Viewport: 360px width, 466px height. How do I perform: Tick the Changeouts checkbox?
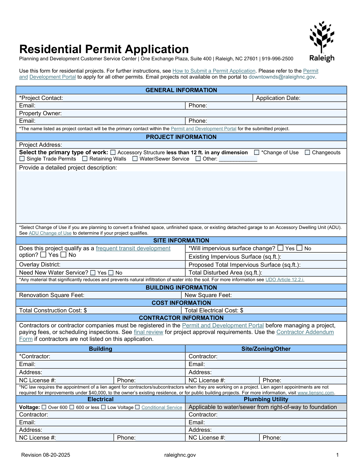click(x=307, y=152)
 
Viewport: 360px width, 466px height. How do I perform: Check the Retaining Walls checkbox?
click(x=85, y=158)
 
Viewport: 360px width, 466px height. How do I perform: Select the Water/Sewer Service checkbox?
click(x=135, y=158)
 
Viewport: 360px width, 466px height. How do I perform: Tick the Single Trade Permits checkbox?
click(x=22, y=158)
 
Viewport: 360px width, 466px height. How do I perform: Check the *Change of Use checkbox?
click(x=256, y=152)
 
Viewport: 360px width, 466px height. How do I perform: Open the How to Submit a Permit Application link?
click(x=214, y=71)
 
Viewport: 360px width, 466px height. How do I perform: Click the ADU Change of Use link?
click(x=50, y=233)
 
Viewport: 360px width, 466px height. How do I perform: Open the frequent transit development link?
click(x=133, y=248)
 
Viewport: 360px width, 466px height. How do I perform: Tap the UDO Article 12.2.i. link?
click(x=285, y=280)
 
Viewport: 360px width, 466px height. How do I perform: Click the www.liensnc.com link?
click(x=316, y=393)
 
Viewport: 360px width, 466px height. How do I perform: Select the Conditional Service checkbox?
click(x=137, y=407)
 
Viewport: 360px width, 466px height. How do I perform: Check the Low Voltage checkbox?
click(x=103, y=407)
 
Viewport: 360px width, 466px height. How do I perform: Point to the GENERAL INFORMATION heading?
click(x=181, y=90)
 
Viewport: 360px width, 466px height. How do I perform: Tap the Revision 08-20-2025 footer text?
click(x=46, y=455)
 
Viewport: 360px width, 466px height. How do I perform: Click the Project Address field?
click(x=204, y=145)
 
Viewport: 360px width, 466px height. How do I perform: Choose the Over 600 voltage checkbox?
click(x=44, y=407)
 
